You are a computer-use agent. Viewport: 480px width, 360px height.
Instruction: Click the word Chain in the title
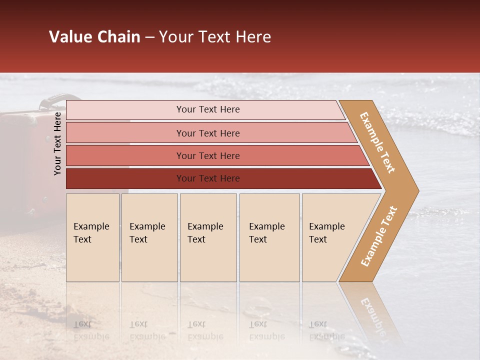point(118,37)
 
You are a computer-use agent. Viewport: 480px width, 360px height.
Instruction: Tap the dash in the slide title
point(149,37)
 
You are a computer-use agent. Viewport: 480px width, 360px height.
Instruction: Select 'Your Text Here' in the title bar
point(215,37)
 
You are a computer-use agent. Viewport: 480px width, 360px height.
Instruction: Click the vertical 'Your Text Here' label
point(57,143)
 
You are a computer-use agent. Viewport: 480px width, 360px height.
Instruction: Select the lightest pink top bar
point(208,109)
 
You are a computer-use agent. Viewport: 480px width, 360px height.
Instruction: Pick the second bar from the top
point(208,133)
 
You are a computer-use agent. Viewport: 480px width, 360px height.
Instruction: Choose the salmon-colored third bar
point(208,155)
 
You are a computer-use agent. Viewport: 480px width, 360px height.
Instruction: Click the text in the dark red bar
point(208,178)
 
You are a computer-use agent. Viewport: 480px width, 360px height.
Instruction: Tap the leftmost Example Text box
point(92,237)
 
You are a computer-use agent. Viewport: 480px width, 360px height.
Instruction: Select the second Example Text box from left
point(149,237)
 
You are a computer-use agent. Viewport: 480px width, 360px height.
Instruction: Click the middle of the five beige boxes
point(208,237)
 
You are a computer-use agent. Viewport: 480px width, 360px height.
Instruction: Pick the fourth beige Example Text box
point(269,237)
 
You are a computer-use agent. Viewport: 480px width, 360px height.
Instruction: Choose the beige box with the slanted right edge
point(330,237)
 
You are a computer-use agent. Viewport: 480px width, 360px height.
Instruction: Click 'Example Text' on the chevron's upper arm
point(377,142)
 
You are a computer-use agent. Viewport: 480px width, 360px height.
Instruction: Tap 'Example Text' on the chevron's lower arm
point(378,236)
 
